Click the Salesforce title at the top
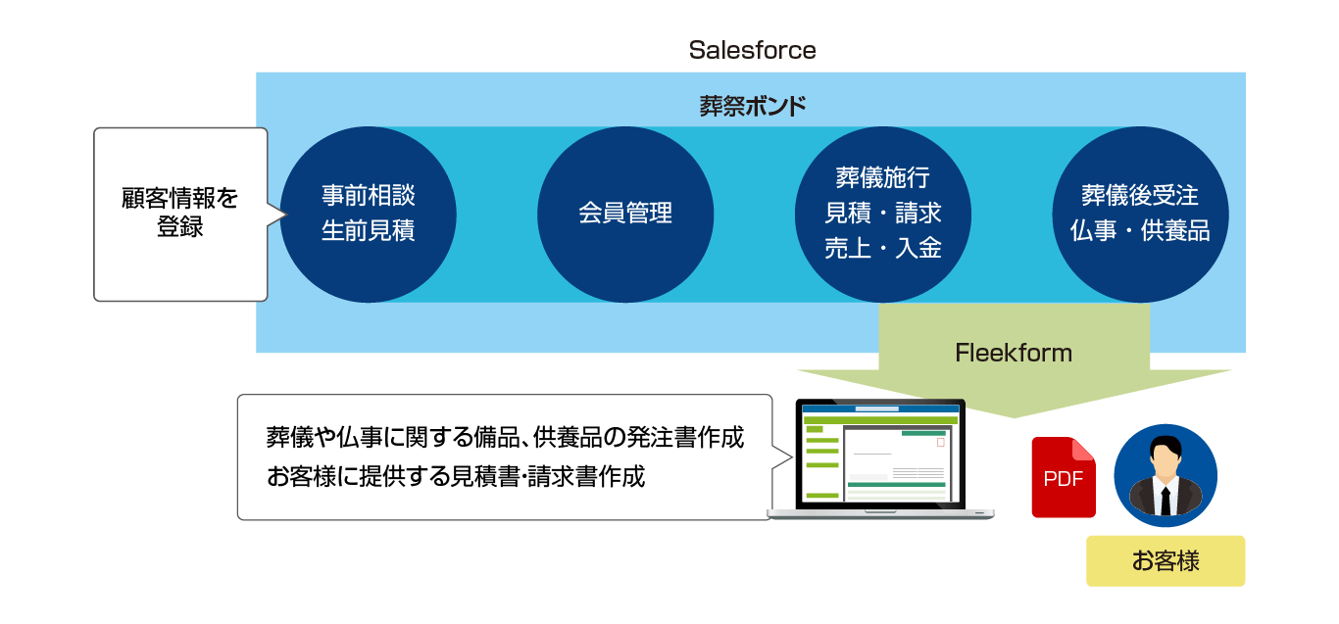pos(752,50)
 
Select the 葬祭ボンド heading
pos(752,107)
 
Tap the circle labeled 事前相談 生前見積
pos(369,215)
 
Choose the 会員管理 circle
pos(625,215)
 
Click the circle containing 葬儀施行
pos(883,215)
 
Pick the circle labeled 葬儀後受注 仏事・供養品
pos(1141,215)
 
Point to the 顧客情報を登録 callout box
pos(180,215)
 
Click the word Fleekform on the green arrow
pos(1014,353)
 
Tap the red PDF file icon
pos(1064,477)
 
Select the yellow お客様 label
pos(1165,560)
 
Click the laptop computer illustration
pos(880,458)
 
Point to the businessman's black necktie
pos(1165,501)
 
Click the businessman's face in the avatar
pos(1165,461)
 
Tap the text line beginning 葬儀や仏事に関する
pos(505,437)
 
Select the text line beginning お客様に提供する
pos(456,476)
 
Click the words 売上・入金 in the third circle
pos(883,248)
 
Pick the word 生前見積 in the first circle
pos(369,230)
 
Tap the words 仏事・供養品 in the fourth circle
pos(1141,230)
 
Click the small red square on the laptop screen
pos(940,443)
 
